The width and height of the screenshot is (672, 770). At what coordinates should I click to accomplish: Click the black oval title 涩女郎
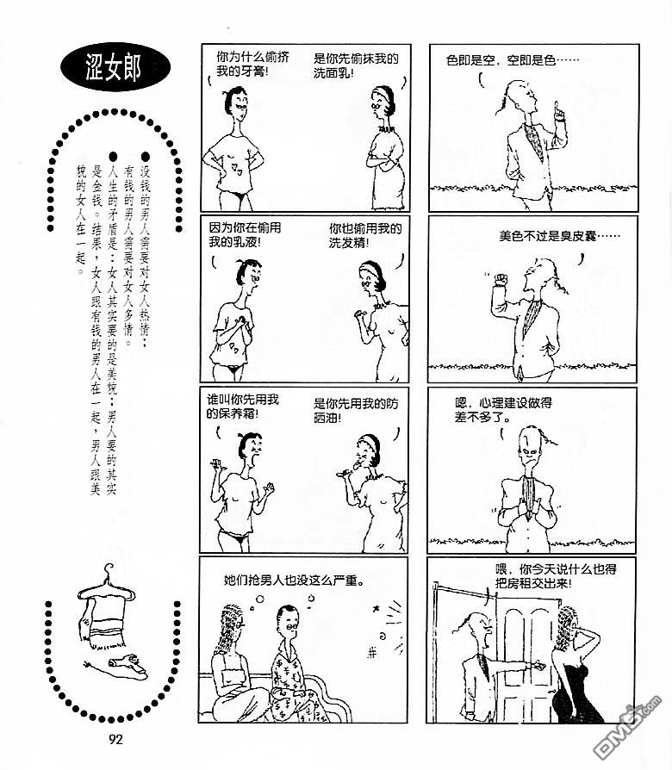[x=115, y=68]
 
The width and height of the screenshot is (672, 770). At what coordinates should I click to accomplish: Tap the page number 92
[x=115, y=739]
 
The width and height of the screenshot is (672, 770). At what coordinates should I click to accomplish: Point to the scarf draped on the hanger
[x=103, y=620]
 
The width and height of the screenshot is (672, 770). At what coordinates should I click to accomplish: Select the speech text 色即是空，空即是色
[x=513, y=60]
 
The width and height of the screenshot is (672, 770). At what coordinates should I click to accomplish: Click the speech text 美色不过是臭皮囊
[x=559, y=236]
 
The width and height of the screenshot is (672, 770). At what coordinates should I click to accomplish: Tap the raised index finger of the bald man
[x=557, y=108]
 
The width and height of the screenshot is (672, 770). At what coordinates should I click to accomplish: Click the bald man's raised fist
[x=501, y=279]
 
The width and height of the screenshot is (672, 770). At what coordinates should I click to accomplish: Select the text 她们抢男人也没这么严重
[x=295, y=581]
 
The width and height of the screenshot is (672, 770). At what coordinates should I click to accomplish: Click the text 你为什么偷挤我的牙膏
[x=252, y=65]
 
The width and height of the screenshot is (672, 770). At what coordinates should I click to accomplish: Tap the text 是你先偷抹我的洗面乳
[x=356, y=65]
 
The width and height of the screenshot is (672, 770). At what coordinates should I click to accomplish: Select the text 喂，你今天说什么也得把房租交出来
[x=556, y=576]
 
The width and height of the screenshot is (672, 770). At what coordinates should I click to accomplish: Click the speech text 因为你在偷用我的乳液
[x=245, y=235]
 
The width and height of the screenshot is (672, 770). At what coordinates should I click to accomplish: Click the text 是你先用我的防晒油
[x=356, y=411]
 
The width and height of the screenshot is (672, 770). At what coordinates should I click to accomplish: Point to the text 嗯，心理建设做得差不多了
[x=503, y=410]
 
